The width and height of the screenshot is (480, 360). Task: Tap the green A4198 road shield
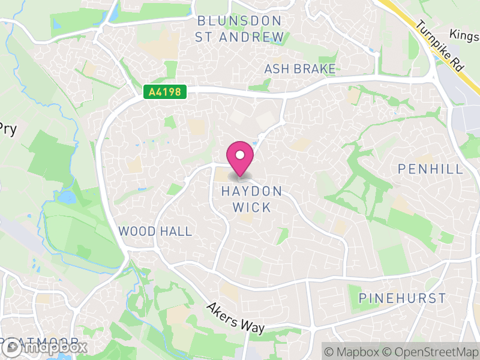tap(165, 92)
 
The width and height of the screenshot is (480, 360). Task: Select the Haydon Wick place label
tap(251, 199)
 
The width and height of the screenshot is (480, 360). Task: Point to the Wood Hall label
tap(155, 232)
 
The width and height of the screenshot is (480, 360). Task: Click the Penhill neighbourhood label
tap(431, 169)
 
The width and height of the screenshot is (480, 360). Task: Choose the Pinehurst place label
tap(402, 298)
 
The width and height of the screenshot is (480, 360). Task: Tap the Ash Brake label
tap(300, 69)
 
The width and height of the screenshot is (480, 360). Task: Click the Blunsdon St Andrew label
tap(240, 29)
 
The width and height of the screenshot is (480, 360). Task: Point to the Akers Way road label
tap(235, 318)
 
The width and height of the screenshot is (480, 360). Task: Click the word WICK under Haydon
tap(252, 208)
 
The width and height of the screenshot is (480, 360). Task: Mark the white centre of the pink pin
tap(240, 155)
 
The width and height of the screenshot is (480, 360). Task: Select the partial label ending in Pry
tap(7, 129)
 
